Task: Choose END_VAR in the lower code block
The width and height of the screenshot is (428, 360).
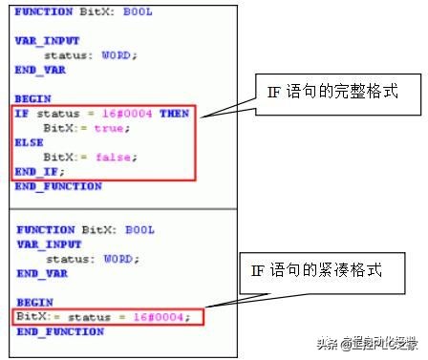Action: pos(39,273)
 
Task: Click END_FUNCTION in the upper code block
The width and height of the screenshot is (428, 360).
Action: pos(58,186)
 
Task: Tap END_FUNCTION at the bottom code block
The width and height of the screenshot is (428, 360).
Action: pos(60,331)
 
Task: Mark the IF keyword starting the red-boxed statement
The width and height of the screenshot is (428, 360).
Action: pos(20,113)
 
